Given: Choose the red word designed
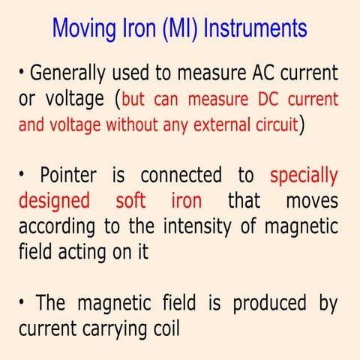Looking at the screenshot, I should click(49, 202).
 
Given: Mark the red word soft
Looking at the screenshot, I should click(131, 202).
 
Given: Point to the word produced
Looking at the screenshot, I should click(268, 304).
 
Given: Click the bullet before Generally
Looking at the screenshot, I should click(22, 73).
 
